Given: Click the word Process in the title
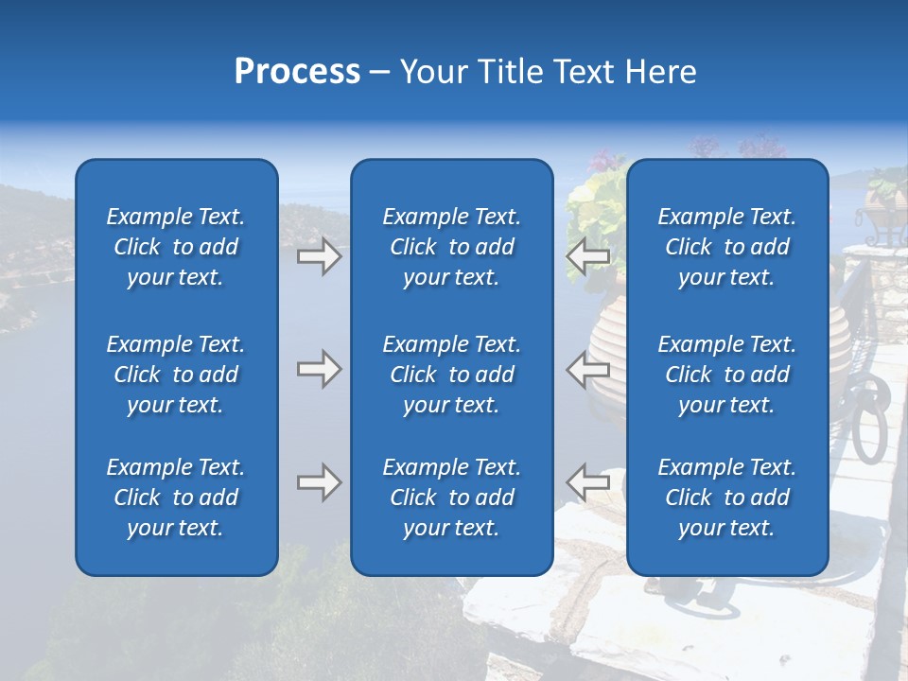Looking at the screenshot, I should pyautogui.click(x=297, y=72).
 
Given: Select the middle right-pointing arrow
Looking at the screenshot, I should pyautogui.click(x=319, y=369).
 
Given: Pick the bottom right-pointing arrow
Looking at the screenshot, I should pyautogui.click(x=319, y=482).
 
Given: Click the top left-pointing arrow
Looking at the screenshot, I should pyautogui.click(x=587, y=256).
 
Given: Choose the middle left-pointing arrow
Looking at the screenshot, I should pyautogui.click(x=587, y=369).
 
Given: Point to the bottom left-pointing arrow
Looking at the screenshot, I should pyautogui.click(x=587, y=482).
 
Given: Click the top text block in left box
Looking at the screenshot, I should pyautogui.click(x=176, y=247).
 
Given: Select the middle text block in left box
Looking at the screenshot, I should pyautogui.click(x=176, y=375).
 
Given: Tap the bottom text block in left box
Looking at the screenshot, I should pyautogui.click(x=176, y=498).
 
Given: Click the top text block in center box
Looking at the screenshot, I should pyautogui.click(x=451, y=247).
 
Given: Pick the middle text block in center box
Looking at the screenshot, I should pyautogui.click(x=451, y=375).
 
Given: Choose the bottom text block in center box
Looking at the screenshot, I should pyautogui.click(x=451, y=498).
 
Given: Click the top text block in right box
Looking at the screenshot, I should pyautogui.click(x=726, y=247).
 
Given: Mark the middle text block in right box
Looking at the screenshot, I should pyautogui.click(x=726, y=375).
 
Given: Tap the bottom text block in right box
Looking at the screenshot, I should pyautogui.click(x=726, y=498).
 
